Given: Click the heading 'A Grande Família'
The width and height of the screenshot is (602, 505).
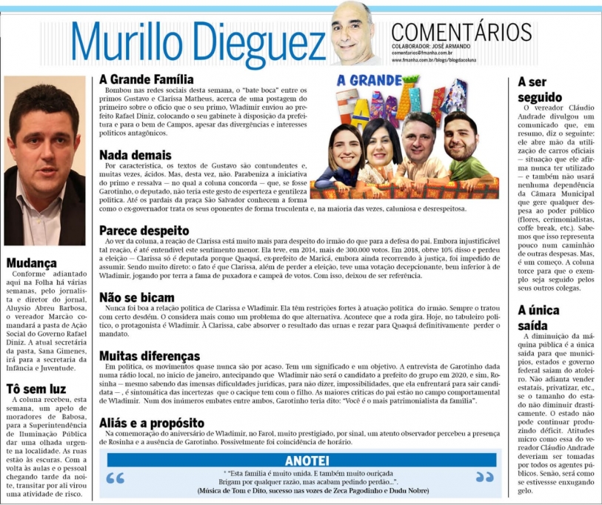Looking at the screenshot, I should click(147, 79).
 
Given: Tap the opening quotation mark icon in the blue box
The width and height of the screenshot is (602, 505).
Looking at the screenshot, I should click(116, 478).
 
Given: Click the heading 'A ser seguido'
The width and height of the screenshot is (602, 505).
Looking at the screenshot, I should click(541, 90).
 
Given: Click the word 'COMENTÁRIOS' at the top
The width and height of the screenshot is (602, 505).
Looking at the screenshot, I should click(461, 32).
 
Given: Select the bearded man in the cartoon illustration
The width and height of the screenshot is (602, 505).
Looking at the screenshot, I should click(461, 139).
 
